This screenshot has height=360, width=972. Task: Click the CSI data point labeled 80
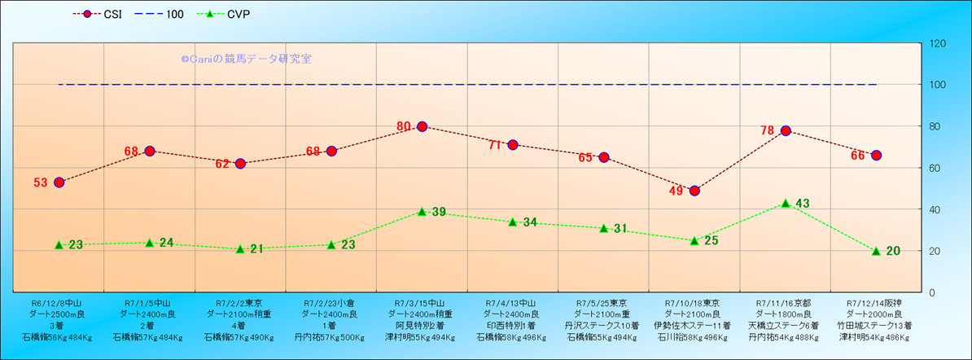(422, 126)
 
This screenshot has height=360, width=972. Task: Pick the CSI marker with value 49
(694, 191)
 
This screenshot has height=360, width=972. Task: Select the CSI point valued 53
(59, 182)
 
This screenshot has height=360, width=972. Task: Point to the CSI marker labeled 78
(786, 130)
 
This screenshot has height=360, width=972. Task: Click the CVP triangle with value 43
(786, 203)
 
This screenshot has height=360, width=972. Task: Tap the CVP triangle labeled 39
(422, 211)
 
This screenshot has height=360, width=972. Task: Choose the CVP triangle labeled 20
(876, 251)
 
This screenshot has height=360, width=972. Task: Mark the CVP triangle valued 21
(240, 248)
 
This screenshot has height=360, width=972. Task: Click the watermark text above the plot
(246, 59)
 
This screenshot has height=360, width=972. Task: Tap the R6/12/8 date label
(56, 302)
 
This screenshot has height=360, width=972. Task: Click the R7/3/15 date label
(421, 302)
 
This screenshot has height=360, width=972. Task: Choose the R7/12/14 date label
(875, 302)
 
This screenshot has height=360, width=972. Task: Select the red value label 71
(493, 146)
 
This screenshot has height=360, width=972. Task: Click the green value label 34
(530, 222)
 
